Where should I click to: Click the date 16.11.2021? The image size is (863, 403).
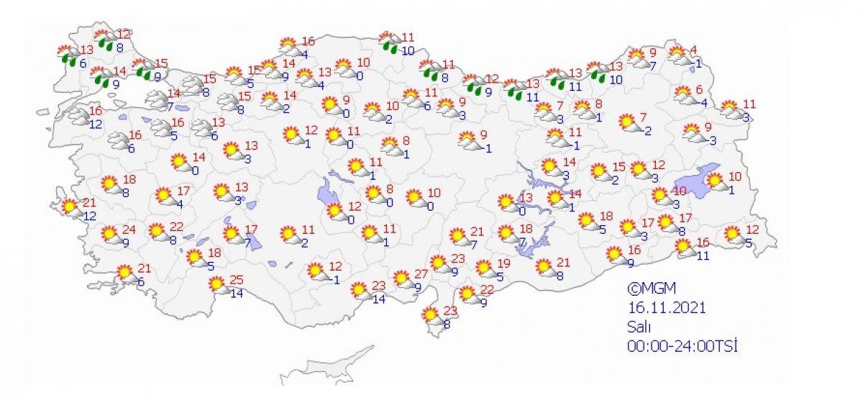(666, 307)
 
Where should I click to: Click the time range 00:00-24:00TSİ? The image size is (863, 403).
(682, 345)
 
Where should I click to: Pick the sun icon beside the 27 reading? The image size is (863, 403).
(401, 279)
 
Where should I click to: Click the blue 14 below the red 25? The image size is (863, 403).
(237, 293)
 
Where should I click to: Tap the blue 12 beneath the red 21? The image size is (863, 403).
(89, 217)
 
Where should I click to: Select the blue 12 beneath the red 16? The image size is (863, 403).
(96, 124)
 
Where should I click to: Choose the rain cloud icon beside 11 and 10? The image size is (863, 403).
(389, 42)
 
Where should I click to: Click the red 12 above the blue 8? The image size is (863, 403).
(124, 34)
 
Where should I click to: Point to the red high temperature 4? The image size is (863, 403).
(694, 50)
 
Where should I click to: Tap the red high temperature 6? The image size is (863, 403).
(698, 89)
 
